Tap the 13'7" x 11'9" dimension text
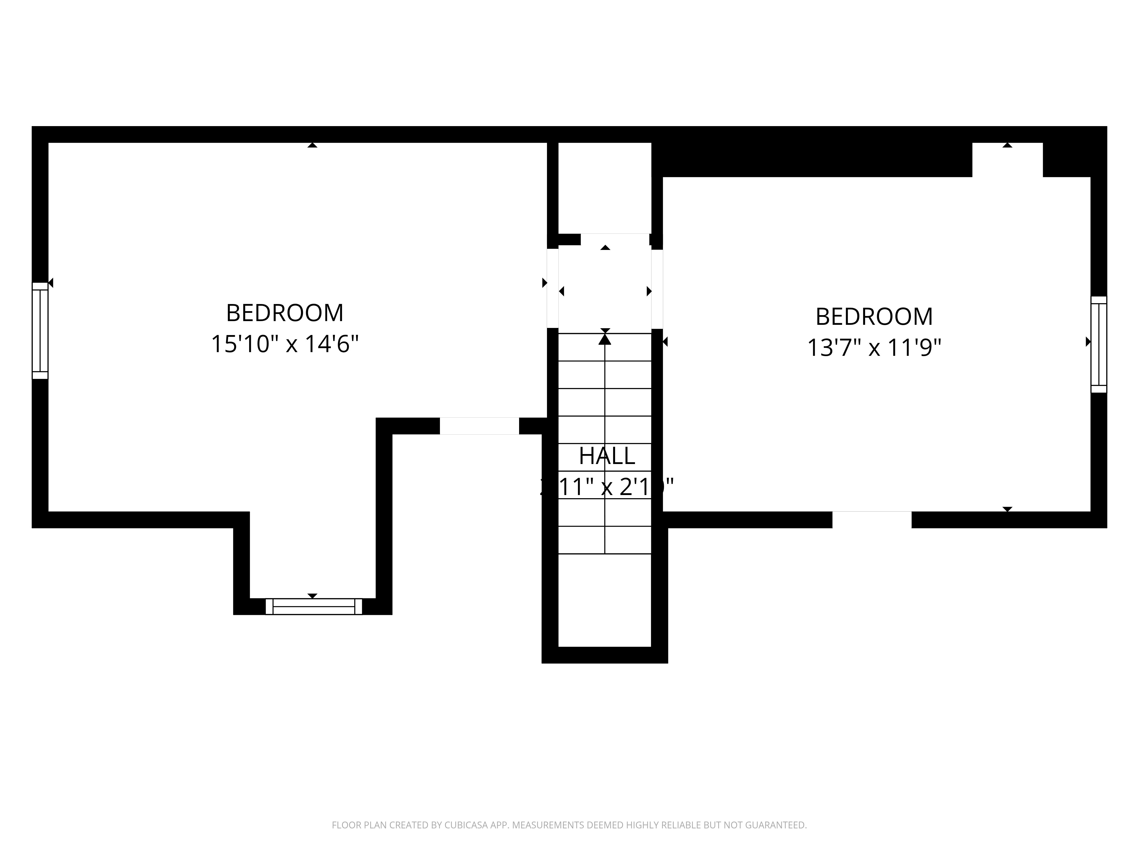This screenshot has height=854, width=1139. tap(874, 348)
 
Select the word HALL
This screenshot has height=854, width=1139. tap(607, 455)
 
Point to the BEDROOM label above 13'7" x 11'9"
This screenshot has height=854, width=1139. tap(874, 317)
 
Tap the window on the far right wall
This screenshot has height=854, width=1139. tap(1098, 344)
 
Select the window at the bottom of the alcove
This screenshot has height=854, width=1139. tap(314, 606)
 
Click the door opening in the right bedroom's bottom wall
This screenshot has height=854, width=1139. tap(872, 520)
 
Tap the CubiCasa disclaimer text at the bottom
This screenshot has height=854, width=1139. tap(569, 796)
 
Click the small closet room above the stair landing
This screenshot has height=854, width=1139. tap(605, 188)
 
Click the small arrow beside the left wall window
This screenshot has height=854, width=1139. tap(51, 283)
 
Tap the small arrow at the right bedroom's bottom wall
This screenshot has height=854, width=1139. tap(1007, 509)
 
